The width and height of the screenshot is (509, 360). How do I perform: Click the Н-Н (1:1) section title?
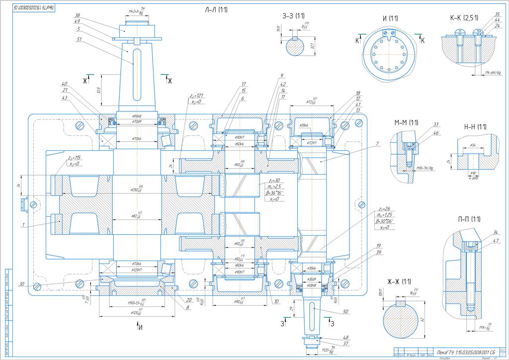pos(475,126)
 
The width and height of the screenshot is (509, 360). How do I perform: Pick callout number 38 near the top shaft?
pos(77,15)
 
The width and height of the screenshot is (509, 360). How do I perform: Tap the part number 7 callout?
pos(378,144)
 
